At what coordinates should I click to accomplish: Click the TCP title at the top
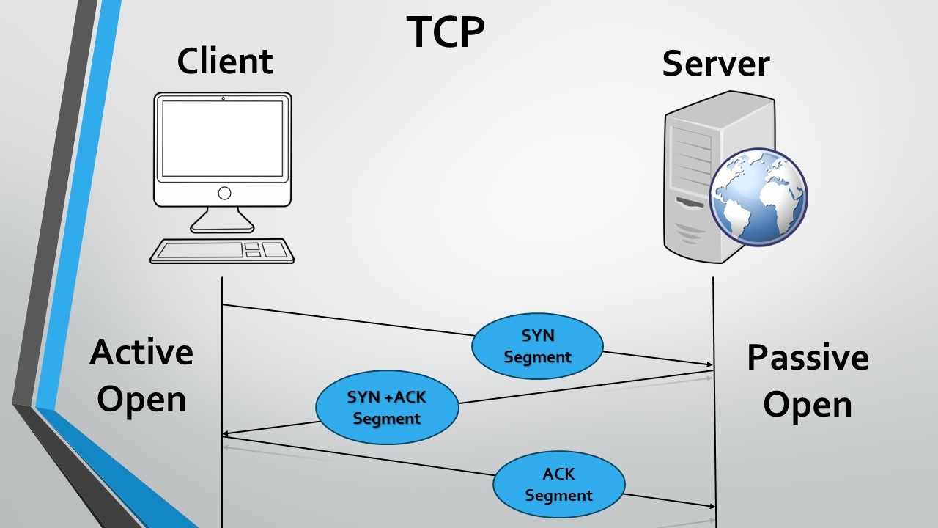pyautogui.click(x=446, y=32)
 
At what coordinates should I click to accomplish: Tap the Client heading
pyautogui.click(x=225, y=61)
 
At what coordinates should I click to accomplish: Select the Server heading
pyautogui.click(x=715, y=63)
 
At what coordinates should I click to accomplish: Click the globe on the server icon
pyautogui.click(x=758, y=197)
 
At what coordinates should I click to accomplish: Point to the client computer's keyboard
pyautogui.click(x=222, y=251)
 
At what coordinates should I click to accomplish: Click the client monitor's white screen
pyautogui.click(x=222, y=138)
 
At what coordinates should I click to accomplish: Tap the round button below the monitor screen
pyautogui.click(x=224, y=193)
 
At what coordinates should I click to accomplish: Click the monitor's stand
pyautogui.click(x=222, y=220)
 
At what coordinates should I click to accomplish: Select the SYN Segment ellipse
pyautogui.click(x=537, y=346)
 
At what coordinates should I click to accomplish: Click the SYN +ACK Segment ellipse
pyautogui.click(x=387, y=407)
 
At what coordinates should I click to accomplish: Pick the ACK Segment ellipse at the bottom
pyautogui.click(x=558, y=484)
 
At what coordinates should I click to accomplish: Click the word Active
pyautogui.click(x=141, y=352)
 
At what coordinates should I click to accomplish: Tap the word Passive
pyautogui.click(x=808, y=358)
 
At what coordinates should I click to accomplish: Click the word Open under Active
pyautogui.click(x=141, y=400)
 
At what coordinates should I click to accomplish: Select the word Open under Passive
pyautogui.click(x=808, y=405)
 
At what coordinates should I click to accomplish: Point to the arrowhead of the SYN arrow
pyautogui.click(x=709, y=364)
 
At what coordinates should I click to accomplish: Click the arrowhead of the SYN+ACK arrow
pyautogui.click(x=226, y=434)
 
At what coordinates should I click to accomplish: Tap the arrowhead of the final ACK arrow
pyautogui.click(x=711, y=506)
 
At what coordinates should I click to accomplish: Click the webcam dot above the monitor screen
pyautogui.click(x=223, y=98)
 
